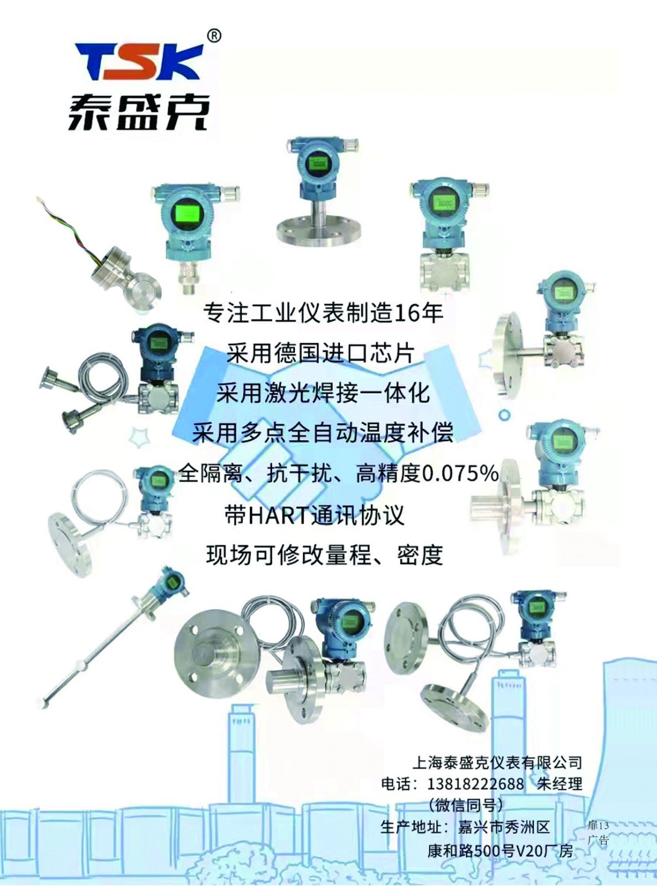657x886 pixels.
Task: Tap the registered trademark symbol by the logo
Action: [214, 36]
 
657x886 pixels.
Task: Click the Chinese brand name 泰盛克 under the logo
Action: [138, 112]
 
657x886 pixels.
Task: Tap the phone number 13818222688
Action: [475, 784]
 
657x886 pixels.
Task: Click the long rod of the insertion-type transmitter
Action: [92, 659]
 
